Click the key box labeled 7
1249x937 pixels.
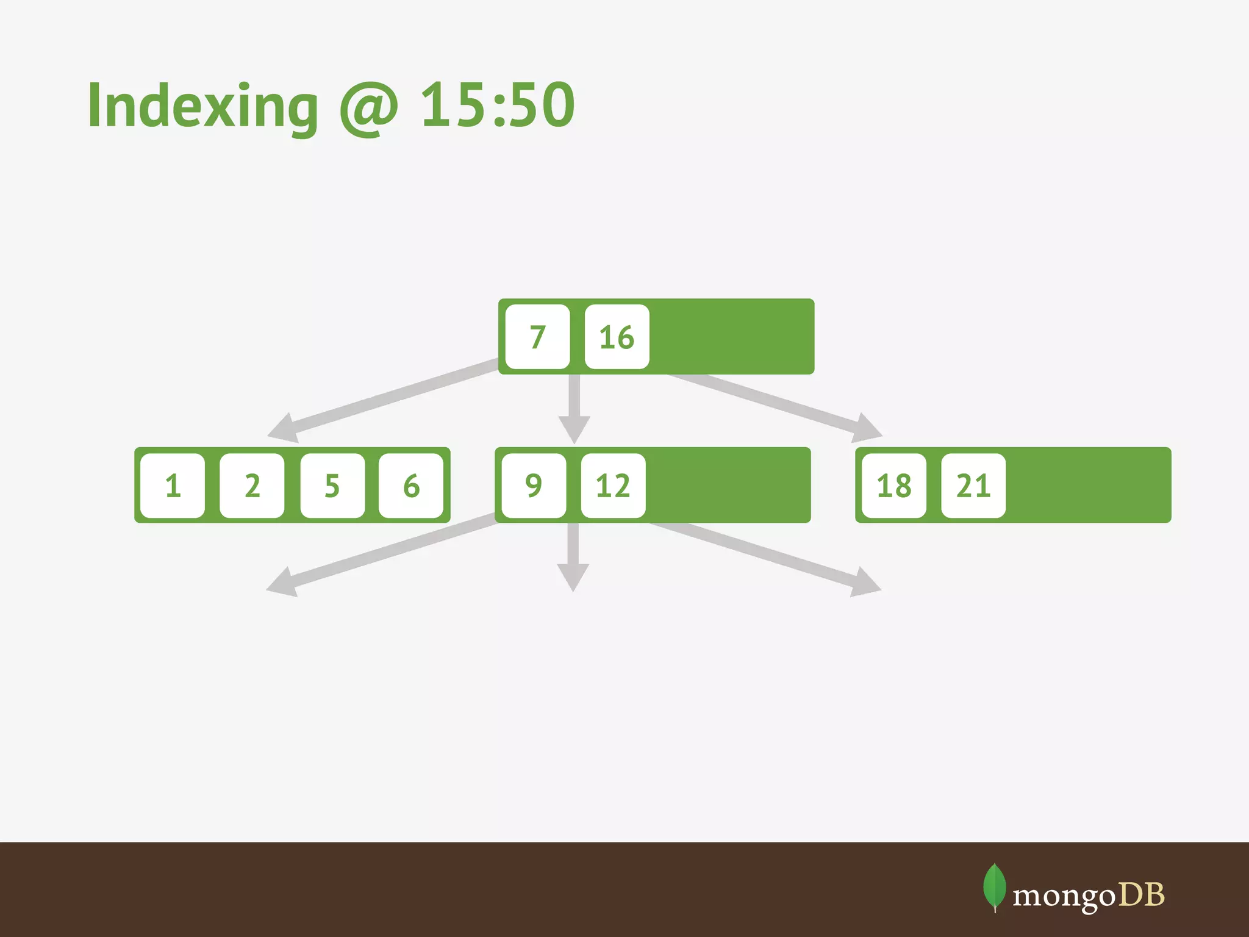(537, 337)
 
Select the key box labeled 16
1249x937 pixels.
(617, 337)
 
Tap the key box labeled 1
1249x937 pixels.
(173, 486)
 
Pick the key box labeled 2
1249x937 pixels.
(252, 486)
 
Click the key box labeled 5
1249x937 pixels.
(332, 486)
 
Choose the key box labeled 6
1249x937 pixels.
(411, 486)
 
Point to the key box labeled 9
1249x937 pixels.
(534, 486)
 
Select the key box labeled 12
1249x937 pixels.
(613, 486)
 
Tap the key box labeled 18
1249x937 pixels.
(893, 486)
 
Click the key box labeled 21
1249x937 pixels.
(973, 486)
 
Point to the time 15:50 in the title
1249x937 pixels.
(498, 105)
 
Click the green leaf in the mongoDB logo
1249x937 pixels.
(994, 886)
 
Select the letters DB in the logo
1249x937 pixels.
(1141, 895)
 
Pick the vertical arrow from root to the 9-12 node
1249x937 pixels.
(574, 406)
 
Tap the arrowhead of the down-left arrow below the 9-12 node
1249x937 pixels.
(282, 583)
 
